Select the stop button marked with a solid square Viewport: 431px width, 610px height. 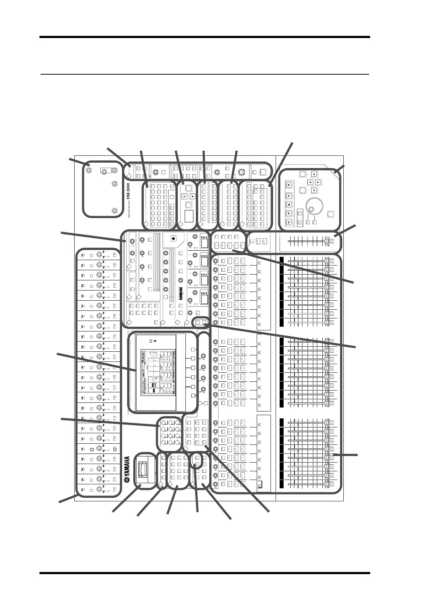point(289,204)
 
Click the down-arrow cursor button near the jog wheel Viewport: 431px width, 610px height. point(314,190)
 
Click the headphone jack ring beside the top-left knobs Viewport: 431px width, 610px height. point(104,172)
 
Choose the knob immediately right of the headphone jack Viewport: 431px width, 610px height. point(114,171)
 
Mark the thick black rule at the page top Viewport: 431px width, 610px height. point(205,37)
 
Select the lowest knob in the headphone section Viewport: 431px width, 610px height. point(114,210)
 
